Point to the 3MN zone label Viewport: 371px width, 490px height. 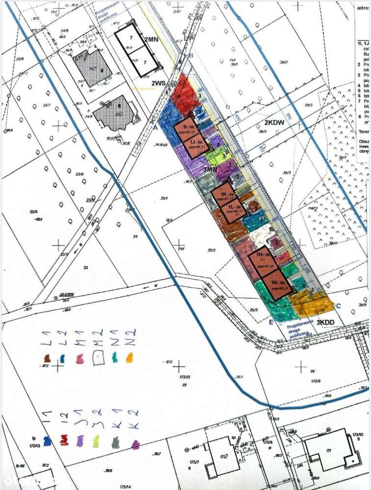[x=211, y=169]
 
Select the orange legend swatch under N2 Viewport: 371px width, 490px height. [x=130, y=358]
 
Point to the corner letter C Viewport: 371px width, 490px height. [x=338, y=306]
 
